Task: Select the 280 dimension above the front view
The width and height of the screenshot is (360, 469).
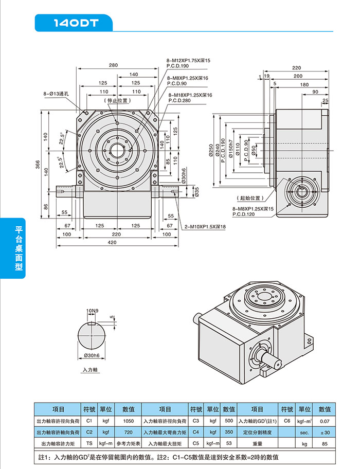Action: click(113, 65)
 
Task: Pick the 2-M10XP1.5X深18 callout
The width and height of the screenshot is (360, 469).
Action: click(205, 226)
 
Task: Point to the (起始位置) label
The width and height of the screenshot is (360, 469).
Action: click(249, 197)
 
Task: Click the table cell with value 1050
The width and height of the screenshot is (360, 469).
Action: click(129, 421)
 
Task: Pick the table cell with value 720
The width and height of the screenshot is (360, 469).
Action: click(129, 432)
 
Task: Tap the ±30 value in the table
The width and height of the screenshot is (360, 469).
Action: click(325, 432)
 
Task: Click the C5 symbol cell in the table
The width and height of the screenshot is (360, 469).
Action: click(195, 443)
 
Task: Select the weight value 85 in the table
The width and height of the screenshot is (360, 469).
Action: click(325, 443)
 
